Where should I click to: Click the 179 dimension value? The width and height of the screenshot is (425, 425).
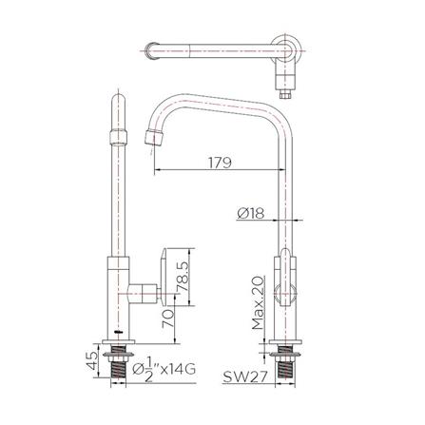[x=220, y=163]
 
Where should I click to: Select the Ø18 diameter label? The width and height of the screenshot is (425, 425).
[x=250, y=213]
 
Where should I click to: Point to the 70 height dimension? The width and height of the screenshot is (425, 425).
[x=167, y=319]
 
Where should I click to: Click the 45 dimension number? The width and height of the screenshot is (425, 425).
[x=92, y=360]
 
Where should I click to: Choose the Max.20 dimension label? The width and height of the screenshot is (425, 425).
[x=258, y=303]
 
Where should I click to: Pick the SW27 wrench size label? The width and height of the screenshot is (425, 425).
[x=245, y=377]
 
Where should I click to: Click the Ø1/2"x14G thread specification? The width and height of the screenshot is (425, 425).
[x=164, y=370]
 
